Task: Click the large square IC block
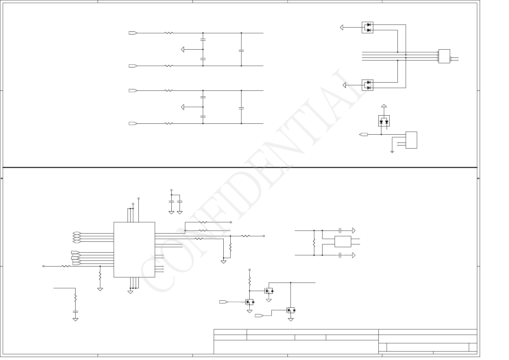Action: point(134,250)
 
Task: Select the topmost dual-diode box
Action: point(367,28)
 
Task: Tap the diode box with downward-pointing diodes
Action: point(384,121)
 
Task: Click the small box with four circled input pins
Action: point(444,56)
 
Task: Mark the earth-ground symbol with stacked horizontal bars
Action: point(392,152)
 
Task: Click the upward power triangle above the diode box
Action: point(384,106)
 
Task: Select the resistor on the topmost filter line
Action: point(169,33)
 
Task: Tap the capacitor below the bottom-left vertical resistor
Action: point(75,311)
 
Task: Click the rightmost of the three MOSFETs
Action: point(291,310)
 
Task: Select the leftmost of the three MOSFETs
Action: point(250,302)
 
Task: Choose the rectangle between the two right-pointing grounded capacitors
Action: point(343,241)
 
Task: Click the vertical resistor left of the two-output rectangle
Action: point(314,243)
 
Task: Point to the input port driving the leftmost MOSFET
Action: point(223,302)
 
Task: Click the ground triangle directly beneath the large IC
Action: point(130,292)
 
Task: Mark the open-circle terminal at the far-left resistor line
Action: point(44,266)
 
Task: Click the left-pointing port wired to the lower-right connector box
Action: point(364,134)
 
